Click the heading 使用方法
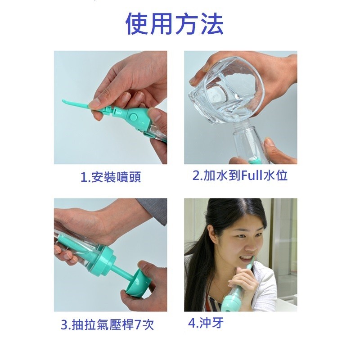coord(175,24)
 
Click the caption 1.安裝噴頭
coord(111,177)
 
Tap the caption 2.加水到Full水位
coord(240,175)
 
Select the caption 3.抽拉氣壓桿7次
coord(107,324)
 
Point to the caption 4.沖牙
coord(206,323)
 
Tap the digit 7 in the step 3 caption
coord(138,325)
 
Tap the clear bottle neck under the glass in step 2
coord(241,133)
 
